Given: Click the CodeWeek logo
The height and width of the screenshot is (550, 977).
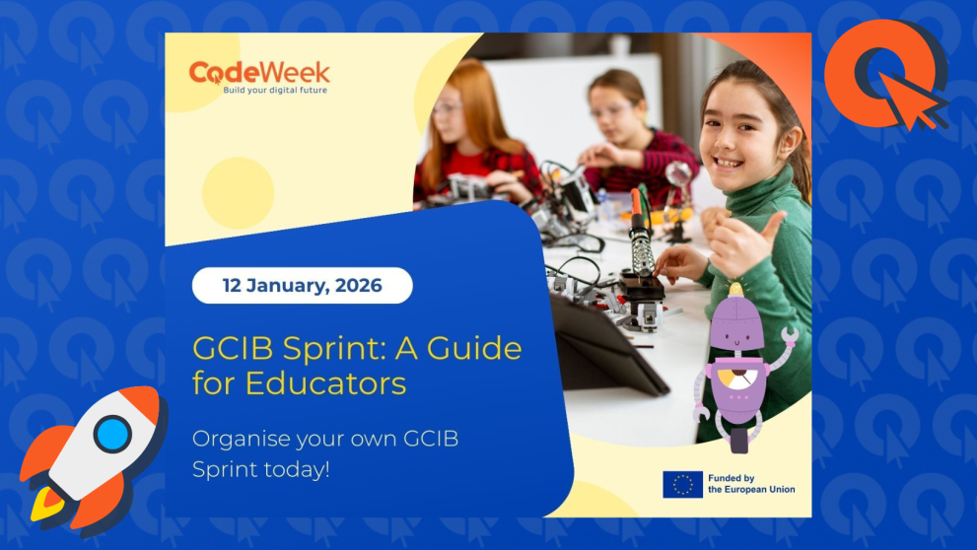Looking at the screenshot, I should tap(259, 73).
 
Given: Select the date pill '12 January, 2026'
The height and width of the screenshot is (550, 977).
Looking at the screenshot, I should tap(302, 286).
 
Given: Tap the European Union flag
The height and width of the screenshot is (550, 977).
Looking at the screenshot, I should tap(682, 484).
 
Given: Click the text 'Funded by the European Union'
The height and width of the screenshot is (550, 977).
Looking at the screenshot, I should tap(750, 484).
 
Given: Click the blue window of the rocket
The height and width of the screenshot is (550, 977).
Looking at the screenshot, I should tap(112, 434).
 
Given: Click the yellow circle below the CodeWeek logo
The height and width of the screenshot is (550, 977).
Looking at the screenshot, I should tap(238, 192).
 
